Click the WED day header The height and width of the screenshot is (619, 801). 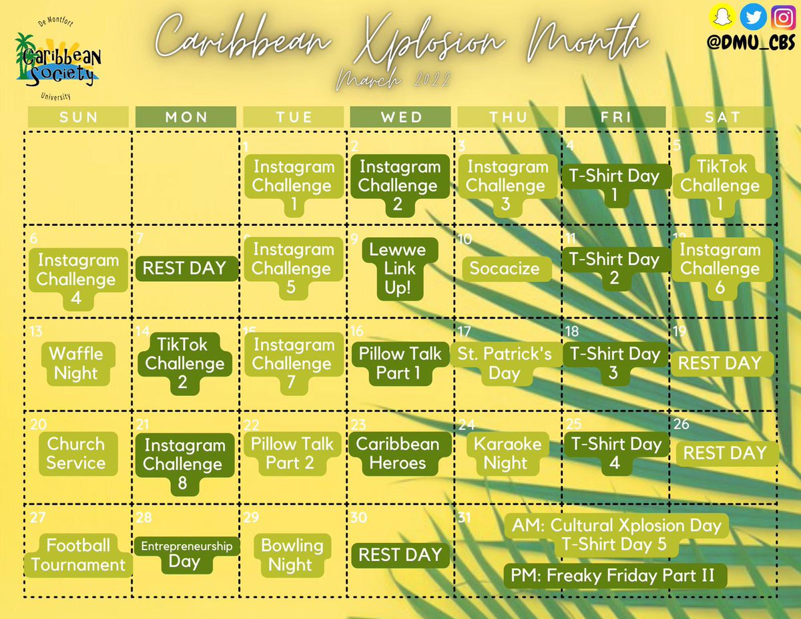pyautogui.click(x=401, y=117)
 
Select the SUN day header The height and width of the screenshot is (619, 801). pyautogui.click(x=78, y=117)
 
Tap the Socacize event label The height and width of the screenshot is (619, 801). pyautogui.click(x=507, y=268)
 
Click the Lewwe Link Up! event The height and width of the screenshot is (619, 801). pyautogui.click(x=399, y=268)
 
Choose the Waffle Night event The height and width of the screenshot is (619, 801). pyautogui.click(x=76, y=363)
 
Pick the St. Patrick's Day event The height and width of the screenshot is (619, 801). pyautogui.click(x=505, y=363)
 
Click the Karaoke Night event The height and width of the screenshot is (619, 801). pyautogui.click(x=507, y=453)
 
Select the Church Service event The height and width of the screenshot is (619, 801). pyautogui.click(x=76, y=453)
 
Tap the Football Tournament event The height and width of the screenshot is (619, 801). pyautogui.click(x=78, y=555)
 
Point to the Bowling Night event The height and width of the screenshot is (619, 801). pyautogui.click(x=292, y=555)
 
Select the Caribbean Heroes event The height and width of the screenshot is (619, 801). pyautogui.click(x=398, y=453)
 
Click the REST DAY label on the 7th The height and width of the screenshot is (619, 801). pyautogui.click(x=185, y=268)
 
